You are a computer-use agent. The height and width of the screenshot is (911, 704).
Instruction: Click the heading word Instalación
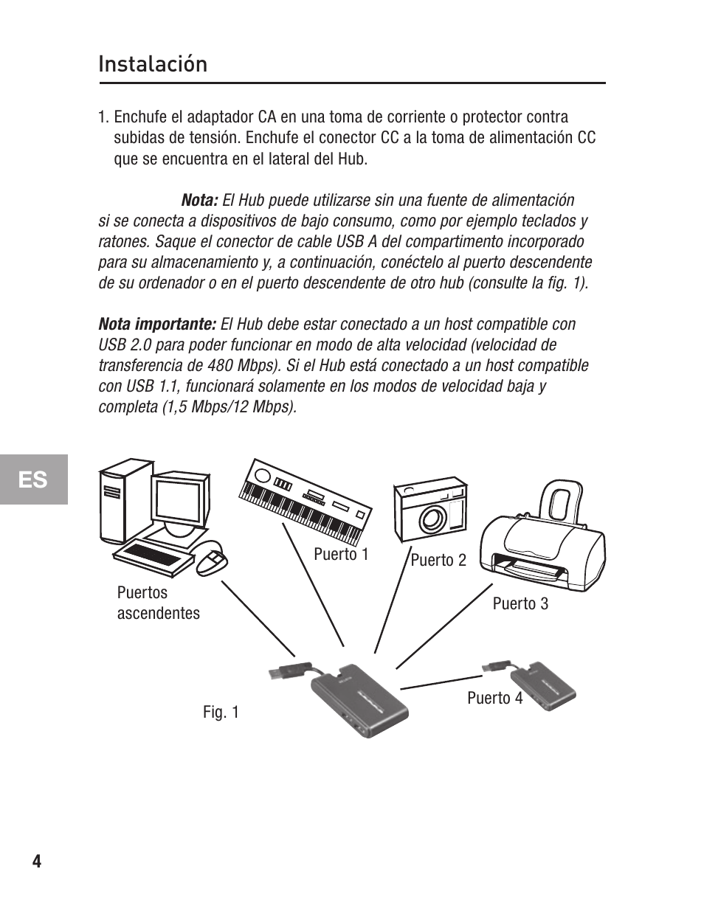coord(153,64)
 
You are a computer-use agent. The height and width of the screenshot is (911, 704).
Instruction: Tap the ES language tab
coord(33,479)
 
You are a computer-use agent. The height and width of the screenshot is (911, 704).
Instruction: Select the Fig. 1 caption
coord(221,712)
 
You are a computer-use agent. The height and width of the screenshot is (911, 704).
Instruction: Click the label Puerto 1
coord(341,555)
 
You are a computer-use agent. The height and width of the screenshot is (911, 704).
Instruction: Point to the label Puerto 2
coord(438,561)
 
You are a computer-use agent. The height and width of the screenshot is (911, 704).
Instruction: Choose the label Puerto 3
coord(520,604)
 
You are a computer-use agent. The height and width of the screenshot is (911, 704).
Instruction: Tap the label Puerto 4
coord(494,698)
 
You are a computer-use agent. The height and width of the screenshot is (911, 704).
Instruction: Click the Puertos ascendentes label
coord(158,603)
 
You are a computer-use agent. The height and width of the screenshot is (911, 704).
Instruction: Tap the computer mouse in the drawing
coord(212,562)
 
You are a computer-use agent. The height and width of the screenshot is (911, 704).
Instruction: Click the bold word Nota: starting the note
coord(199,201)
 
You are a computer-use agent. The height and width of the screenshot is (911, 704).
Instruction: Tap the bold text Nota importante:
coord(157,325)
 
